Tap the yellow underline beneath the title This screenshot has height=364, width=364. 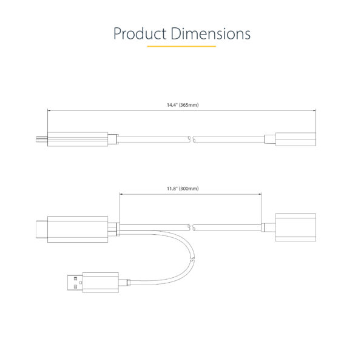(182, 46)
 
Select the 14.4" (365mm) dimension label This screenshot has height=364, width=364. (183, 105)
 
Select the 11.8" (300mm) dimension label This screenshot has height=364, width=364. (183, 189)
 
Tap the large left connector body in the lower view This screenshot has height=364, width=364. (78, 228)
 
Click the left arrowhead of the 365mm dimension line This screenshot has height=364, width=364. (49, 110)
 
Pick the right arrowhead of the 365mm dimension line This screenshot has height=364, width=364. (314, 110)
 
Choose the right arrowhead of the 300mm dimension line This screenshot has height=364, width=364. (260, 194)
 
